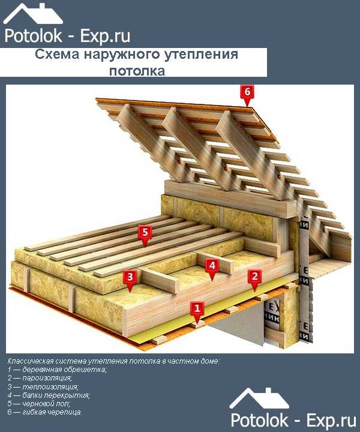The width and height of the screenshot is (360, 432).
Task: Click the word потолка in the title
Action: click(x=137, y=71)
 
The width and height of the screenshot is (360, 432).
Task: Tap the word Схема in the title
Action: click(x=57, y=54)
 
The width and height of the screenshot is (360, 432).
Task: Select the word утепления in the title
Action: click(x=202, y=54)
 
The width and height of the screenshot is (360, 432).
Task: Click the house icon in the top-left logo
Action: click(x=33, y=14)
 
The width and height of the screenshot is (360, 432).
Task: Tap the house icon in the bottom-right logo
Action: click(x=259, y=398)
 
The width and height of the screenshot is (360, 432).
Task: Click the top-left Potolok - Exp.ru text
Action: click(x=67, y=36)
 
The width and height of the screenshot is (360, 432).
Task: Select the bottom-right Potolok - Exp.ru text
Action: click(x=293, y=421)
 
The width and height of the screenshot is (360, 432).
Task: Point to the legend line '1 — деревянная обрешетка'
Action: click(x=57, y=370)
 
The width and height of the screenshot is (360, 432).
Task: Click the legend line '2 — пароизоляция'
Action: click(x=40, y=378)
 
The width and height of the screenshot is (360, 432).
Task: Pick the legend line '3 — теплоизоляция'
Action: click(x=43, y=386)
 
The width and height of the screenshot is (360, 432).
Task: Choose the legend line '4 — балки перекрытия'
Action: click(x=49, y=395)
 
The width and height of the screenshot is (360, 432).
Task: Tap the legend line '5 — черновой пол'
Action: click(x=39, y=404)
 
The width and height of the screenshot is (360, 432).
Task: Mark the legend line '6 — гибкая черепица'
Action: click(x=45, y=412)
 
